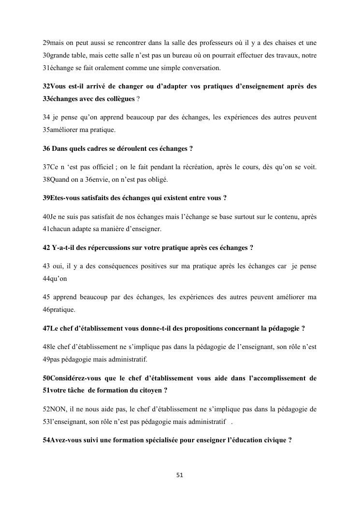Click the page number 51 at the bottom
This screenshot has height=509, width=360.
180,475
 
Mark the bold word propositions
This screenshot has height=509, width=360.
208,328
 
